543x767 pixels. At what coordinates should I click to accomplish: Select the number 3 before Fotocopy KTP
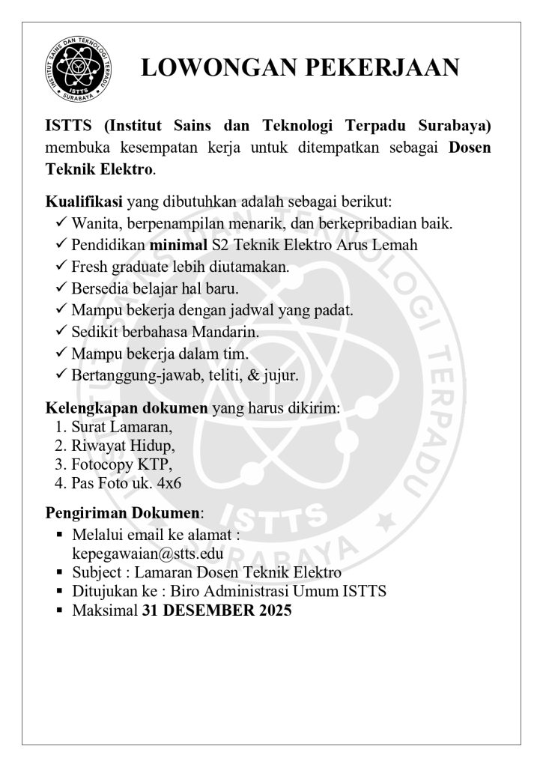60,464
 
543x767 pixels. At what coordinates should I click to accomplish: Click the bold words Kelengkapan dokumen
127,409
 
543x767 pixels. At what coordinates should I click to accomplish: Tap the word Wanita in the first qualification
95,223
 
